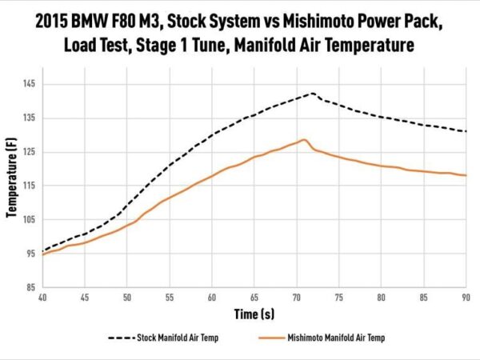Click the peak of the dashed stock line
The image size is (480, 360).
tap(312, 93)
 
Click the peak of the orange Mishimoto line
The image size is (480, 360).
tap(304, 140)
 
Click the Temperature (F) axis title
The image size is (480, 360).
tap(12, 186)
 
